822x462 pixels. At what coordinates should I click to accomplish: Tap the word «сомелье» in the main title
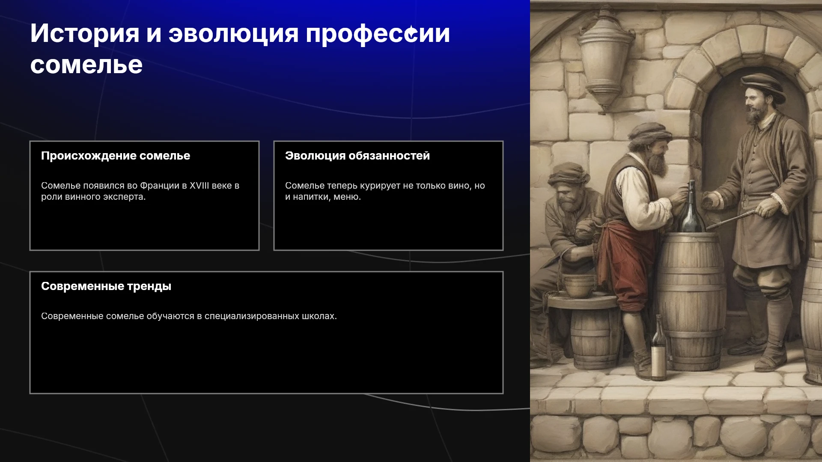(86, 65)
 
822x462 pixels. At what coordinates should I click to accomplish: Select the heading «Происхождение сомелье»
(116, 156)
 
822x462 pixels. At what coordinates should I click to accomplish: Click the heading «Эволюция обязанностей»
(357, 156)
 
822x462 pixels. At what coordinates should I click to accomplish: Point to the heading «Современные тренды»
(106, 287)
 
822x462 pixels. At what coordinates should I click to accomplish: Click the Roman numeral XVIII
(200, 186)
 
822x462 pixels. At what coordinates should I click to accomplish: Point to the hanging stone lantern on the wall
(605, 58)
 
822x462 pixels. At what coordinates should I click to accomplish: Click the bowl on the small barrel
(578, 286)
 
